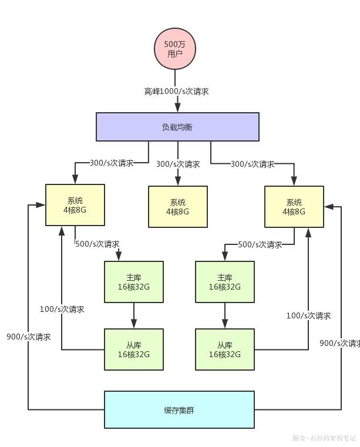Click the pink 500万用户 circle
[x=174, y=48]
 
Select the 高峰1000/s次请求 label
[x=176, y=92]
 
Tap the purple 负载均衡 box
[x=177, y=127]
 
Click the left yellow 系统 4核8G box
[x=75, y=205]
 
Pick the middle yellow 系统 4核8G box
[x=177, y=207]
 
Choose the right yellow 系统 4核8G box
[x=294, y=207]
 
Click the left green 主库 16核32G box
[x=134, y=282]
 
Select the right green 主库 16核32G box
[x=224, y=282]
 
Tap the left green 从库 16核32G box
[x=134, y=349]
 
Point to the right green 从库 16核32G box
[x=224, y=349]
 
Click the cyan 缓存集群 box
[x=179, y=409]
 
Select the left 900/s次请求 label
[x=28, y=337]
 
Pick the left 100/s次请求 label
[x=62, y=309]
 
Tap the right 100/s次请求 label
[x=308, y=315]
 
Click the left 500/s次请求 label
[x=97, y=244]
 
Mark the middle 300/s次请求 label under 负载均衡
[x=178, y=164]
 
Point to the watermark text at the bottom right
[x=324, y=438]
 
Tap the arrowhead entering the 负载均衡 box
[x=177, y=108]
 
